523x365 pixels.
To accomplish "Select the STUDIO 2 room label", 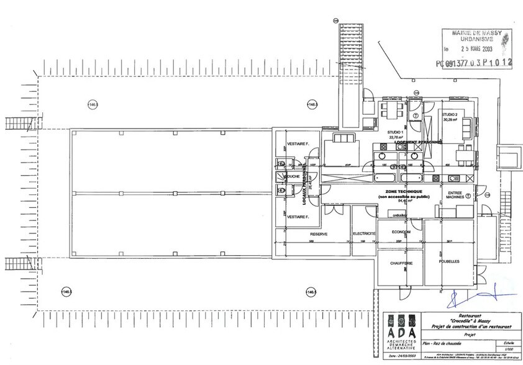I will click(x=450, y=115).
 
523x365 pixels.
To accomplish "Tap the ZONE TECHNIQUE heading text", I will click(x=404, y=191).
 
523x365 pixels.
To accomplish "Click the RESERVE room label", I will click(x=319, y=234).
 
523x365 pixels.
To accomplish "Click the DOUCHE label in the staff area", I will click(x=291, y=176).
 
